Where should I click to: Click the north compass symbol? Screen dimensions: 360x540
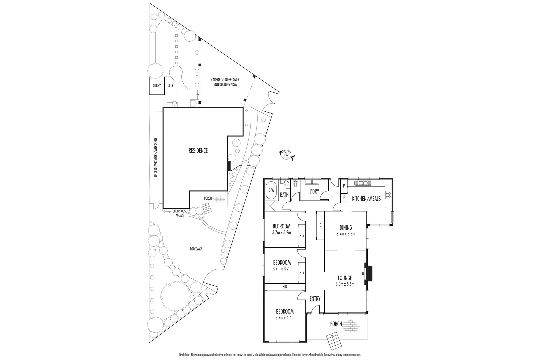tap(286, 155)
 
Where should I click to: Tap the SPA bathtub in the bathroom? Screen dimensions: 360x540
tap(271, 190)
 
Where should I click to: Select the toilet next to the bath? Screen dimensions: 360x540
tap(295, 184)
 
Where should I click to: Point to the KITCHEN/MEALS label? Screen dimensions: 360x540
tap(366, 199)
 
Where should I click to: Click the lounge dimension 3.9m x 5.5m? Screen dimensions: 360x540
tap(345, 284)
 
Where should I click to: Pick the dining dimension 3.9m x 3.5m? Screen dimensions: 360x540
tap(346, 234)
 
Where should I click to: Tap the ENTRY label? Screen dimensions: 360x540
tap(315, 299)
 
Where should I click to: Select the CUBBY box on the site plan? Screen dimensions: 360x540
tap(157, 86)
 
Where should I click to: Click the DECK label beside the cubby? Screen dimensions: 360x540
tap(170, 86)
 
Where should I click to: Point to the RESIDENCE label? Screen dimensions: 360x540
tap(198, 151)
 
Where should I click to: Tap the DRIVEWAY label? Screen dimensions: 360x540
tap(196, 249)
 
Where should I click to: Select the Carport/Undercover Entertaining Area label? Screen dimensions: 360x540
tap(225, 82)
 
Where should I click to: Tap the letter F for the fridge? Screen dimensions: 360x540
tap(343, 198)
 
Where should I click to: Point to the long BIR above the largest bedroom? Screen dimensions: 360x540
tap(284, 286)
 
